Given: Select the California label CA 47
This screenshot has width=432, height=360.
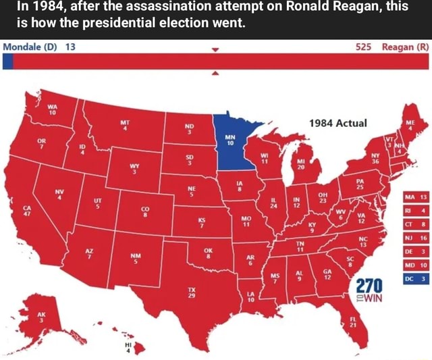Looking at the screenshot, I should (x=27, y=211).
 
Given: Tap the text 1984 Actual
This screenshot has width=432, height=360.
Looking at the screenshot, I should (x=337, y=123).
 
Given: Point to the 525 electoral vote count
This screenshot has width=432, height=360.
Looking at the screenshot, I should (x=363, y=46).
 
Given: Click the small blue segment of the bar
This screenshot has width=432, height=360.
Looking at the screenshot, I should (x=7, y=61).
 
